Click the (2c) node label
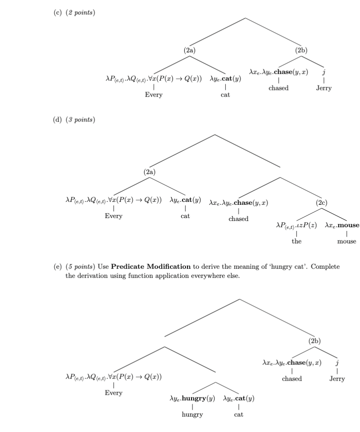tap(321, 203)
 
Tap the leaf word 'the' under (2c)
tap(296, 241)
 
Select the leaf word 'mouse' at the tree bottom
tap(346, 241)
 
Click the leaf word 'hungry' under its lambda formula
tap(192, 414)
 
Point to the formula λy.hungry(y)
tap(192, 399)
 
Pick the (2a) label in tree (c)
tap(190, 50)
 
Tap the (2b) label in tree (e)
tap(315, 341)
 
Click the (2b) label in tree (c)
tap(302, 50)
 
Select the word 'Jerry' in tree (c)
tap(324, 88)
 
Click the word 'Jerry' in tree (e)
tap(337, 379)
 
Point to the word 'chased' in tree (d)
tap(238, 219)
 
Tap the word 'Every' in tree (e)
tap(113, 393)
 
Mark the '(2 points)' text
tap(81, 13)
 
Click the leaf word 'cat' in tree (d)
tap(185, 216)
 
